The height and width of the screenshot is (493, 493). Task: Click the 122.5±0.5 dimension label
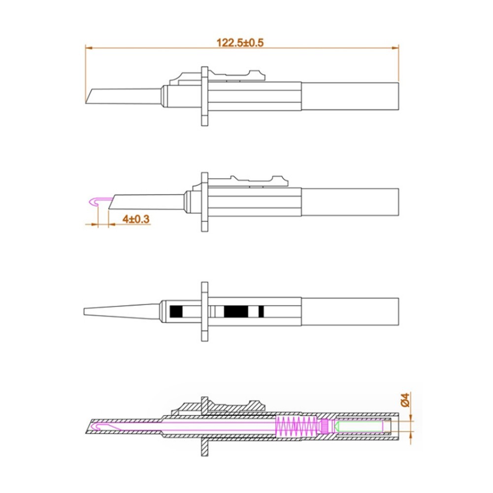[x=240, y=42]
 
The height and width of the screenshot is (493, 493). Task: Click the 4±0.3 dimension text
[x=136, y=219]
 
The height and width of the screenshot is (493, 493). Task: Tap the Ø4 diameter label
[x=405, y=399]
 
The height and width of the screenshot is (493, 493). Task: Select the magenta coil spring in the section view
[x=296, y=427]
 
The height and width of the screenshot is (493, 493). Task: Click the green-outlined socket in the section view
[x=360, y=427]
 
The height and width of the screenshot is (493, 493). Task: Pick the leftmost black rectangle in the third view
[x=176, y=311]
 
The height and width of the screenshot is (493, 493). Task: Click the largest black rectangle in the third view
[x=236, y=311]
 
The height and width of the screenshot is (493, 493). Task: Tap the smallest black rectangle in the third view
[x=261, y=311]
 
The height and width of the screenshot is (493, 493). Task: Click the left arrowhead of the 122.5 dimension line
[x=89, y=48]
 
